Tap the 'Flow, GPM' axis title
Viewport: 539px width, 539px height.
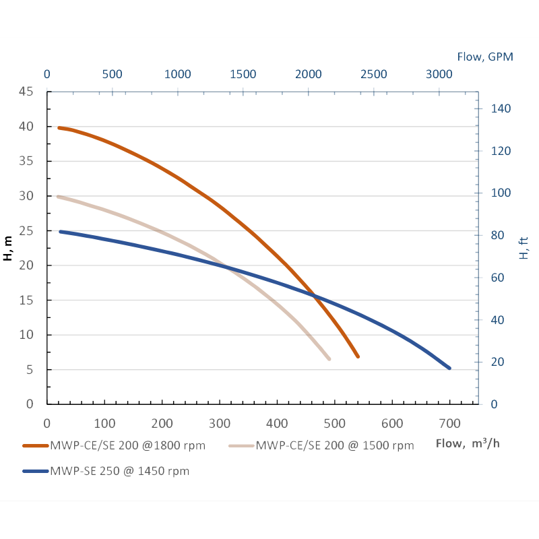(485, 57)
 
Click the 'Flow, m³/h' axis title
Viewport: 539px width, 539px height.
(468, 443)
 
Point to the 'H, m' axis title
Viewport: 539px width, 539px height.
(8, 247)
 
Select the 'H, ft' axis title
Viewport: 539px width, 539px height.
(524, 247)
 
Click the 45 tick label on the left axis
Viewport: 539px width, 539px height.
(26, 92)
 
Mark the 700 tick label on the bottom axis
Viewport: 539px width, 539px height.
(449, 423)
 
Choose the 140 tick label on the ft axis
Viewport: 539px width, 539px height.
(499, 108)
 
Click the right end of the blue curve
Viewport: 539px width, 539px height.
(449, 368)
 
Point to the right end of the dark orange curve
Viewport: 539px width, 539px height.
(358, 356)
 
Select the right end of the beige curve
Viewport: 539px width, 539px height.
(329, 358)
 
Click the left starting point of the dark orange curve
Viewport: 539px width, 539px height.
(59, 127)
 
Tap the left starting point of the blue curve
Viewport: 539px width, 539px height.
(61, 231)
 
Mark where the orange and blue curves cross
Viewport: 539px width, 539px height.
(314, 294)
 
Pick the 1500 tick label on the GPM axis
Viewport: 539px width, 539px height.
(243, 74)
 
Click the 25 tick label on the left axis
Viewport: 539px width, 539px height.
(26, 230)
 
